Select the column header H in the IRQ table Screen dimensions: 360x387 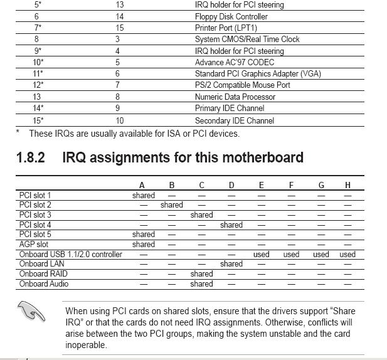[347, 185]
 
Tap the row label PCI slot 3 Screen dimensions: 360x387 [35, 214]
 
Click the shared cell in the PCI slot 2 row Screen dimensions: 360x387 [172, 205]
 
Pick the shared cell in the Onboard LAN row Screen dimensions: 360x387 [231, 264]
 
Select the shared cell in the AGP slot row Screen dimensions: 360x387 [144, 245]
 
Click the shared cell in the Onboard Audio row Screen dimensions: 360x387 [201, 284]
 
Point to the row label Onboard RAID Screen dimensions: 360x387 [44, 274]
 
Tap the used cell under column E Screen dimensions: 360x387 [262, 255]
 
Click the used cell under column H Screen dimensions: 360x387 [347, 255]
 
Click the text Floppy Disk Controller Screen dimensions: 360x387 [231, 16]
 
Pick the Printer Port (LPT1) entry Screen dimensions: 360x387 [226, 28]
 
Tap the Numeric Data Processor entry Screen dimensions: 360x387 [235, 97]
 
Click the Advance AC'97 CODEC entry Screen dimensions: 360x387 [234, 62]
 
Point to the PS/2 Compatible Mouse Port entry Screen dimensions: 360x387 [242, 85]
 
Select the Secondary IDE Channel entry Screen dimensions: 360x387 [234, 120]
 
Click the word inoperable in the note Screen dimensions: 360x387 [87, 346]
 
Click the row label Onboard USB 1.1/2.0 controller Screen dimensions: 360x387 [71, 255]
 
